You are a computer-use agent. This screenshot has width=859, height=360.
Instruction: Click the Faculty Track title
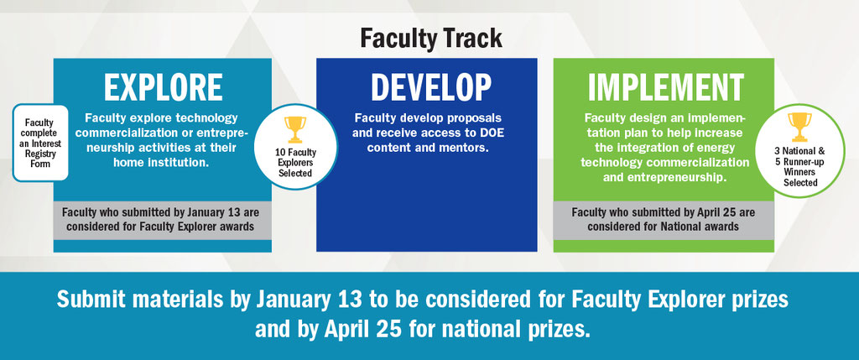tap(431, 39)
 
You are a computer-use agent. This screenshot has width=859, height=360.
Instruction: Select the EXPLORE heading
tap(164, 87)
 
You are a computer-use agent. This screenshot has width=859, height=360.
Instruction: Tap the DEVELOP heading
tap(431, 87)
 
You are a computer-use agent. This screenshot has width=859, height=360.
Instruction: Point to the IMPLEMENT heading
tap(665, 87)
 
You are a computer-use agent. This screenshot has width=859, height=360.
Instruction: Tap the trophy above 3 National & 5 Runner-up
tap(799, 127)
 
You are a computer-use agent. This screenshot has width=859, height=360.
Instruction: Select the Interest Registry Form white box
tap(40, 143)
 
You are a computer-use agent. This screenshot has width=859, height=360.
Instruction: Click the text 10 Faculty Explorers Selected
tap(295, 163)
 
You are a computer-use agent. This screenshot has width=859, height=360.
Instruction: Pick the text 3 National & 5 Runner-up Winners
tap(799, 162)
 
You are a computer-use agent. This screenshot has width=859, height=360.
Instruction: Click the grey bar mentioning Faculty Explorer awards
tap(162, 220)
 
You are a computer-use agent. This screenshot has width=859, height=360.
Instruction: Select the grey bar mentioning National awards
tap(664, 220)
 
